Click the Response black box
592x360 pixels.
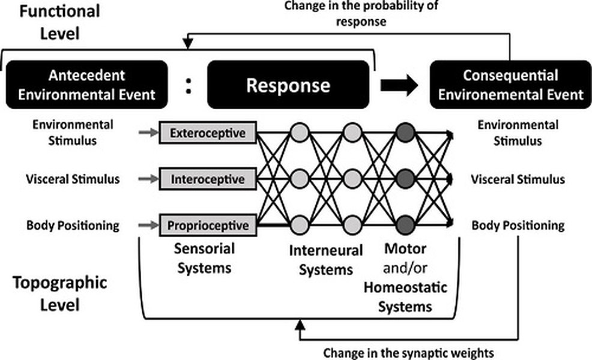tap(288, 85)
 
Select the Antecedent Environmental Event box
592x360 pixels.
tap(87, 85)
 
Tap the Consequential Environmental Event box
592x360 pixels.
tap(511, 85)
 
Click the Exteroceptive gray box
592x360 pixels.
tap(208, 133)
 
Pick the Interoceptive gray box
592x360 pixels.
tap(208, 178)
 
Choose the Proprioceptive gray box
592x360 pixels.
tap(208, 225)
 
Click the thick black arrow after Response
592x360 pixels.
tap(399, 85)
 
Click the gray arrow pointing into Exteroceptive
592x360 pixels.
tap(148, 133)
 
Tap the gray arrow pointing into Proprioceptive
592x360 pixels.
tap(148, 225)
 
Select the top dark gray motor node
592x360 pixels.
tap(405, 133)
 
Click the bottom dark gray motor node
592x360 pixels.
tap(405, 225)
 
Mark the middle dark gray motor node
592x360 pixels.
tap(405, 178)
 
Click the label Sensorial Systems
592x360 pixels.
tap(204, 258)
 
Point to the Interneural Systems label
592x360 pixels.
tap(326, 260)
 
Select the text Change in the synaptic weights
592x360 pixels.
tap(408, 353)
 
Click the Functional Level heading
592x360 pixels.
tap(59, 22)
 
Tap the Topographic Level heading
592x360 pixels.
tap(59, 293)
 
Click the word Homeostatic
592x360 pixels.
tap(405, 287)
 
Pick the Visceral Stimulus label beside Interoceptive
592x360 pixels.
tap(73, 179)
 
